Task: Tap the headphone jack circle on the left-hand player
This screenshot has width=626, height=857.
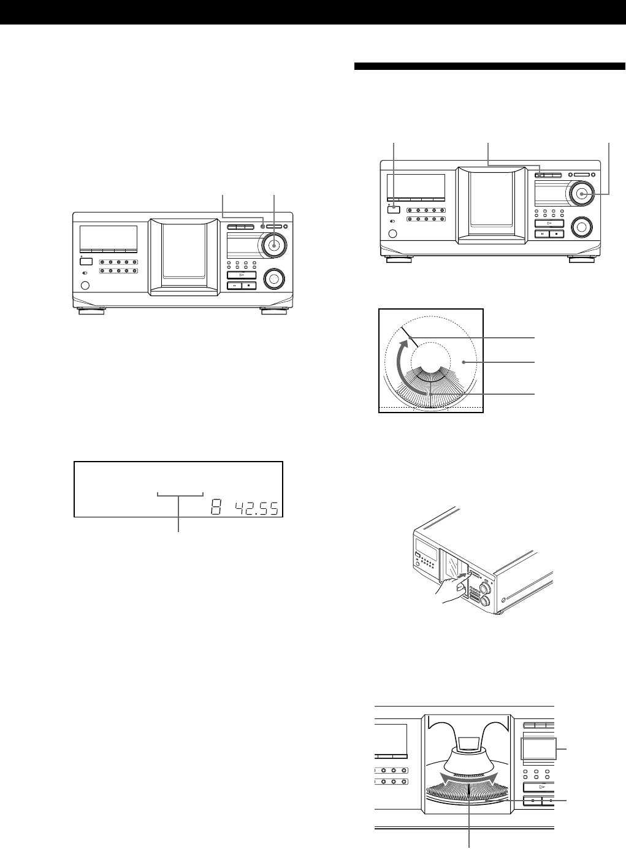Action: [85, 285]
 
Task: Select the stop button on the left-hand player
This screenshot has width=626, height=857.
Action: [248, 285]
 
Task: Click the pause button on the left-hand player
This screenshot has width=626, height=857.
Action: [234, 285]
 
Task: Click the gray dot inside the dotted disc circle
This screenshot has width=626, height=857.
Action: [465, 363]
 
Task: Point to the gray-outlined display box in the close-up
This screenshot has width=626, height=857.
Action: [539, 751]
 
